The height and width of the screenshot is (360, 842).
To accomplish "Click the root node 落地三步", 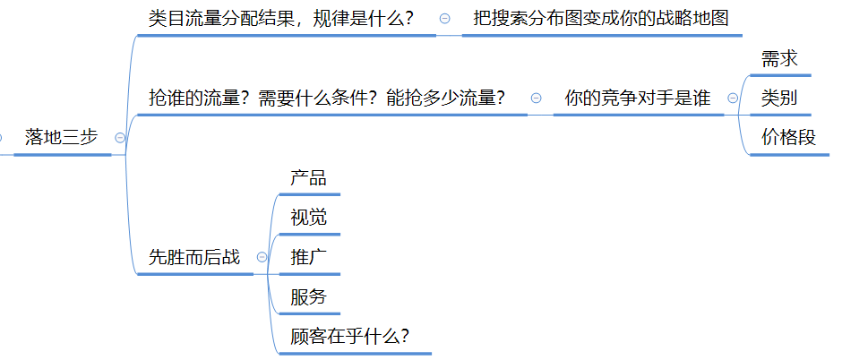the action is (x=62, y=137).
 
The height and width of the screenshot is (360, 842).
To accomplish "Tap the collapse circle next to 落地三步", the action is (x=120, y=137).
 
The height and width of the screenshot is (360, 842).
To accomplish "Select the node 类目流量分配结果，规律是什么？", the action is (x=281, y=19).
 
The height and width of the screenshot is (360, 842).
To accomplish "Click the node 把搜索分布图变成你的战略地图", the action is (x=602, y=19).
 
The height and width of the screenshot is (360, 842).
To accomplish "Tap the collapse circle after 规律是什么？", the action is (x=445, y=19).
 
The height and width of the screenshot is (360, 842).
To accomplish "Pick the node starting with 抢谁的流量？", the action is (x=325, y=98).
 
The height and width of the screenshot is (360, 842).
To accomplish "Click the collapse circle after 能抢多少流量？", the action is (x=536, y=98).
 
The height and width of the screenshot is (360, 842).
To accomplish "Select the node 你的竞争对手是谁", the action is (x=638, y=98).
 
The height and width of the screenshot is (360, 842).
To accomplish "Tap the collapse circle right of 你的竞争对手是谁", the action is (x=733, y=98).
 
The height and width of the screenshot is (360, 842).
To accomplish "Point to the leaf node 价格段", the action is (x=789, y=137).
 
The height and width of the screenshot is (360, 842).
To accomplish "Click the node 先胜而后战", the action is (x=194, y=257).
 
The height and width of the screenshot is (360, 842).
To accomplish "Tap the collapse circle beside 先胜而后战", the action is (x=262, y=257).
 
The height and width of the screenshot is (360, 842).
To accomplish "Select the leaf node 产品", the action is (x=308, y=177).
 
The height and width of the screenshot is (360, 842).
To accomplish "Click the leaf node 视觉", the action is (x=308, y=217).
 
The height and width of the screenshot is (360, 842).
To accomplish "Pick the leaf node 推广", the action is (x=308, y=257).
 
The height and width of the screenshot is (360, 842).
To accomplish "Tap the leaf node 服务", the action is (x=308, y=297).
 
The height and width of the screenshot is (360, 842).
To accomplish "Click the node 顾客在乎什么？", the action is (x=350, y=337).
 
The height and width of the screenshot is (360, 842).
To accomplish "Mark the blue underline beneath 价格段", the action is (x=789, y=155).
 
